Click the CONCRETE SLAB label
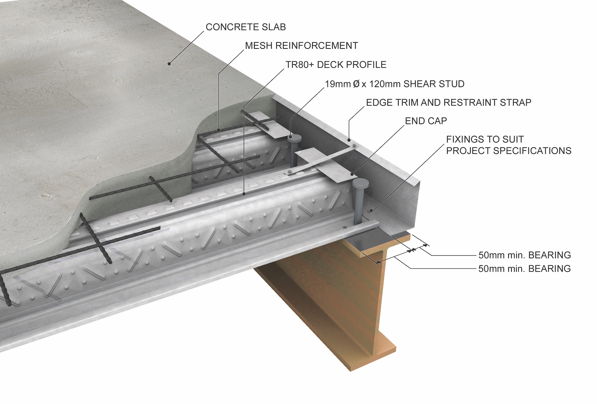click(x=246, y=27)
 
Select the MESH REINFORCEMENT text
click(x=301, y=46)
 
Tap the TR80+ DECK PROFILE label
click(x=336, y=65)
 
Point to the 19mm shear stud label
click(x=395, y=84)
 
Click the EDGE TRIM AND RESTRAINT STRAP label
click(x=448, y=102)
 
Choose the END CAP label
click(x=426, y=121)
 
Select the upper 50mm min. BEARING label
click(x=525, y=255)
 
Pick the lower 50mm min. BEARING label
click(x=525, y=269)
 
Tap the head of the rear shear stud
click(x=295, y=138)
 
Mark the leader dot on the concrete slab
click(x=169, y=64)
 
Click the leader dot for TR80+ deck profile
click(x=244, y=194)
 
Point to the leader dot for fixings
click(x=371, y=211)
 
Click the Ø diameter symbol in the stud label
click(x=356, y=84)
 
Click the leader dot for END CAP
click(x=352, y=174)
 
